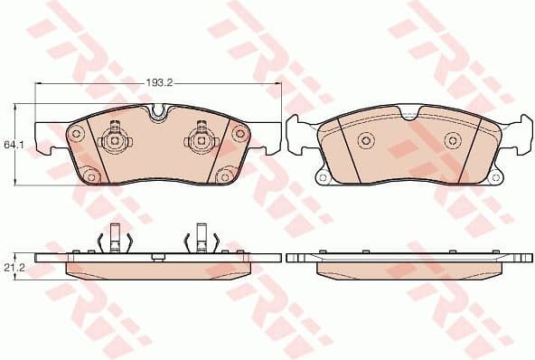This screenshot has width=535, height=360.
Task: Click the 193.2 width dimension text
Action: (x=159, y=84)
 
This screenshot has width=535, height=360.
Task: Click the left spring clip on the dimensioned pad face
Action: (x=115, y=140)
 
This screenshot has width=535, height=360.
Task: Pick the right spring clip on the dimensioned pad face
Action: (x=199, y=140)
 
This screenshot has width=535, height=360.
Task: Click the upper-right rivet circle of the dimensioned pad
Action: (x=239, y=134)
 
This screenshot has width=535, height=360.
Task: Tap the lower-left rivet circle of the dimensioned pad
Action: (x=90, y=176)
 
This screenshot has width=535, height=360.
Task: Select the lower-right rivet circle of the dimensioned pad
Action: (x=225, y=176)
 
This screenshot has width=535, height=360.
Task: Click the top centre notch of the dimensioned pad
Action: (x=158, y=112)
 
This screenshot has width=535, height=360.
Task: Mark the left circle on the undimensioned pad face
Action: (x=366, y=140)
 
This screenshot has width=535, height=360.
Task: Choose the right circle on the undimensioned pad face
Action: (x=452, y=140)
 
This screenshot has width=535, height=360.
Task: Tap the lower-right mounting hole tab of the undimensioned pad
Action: (x=493, y=176)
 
